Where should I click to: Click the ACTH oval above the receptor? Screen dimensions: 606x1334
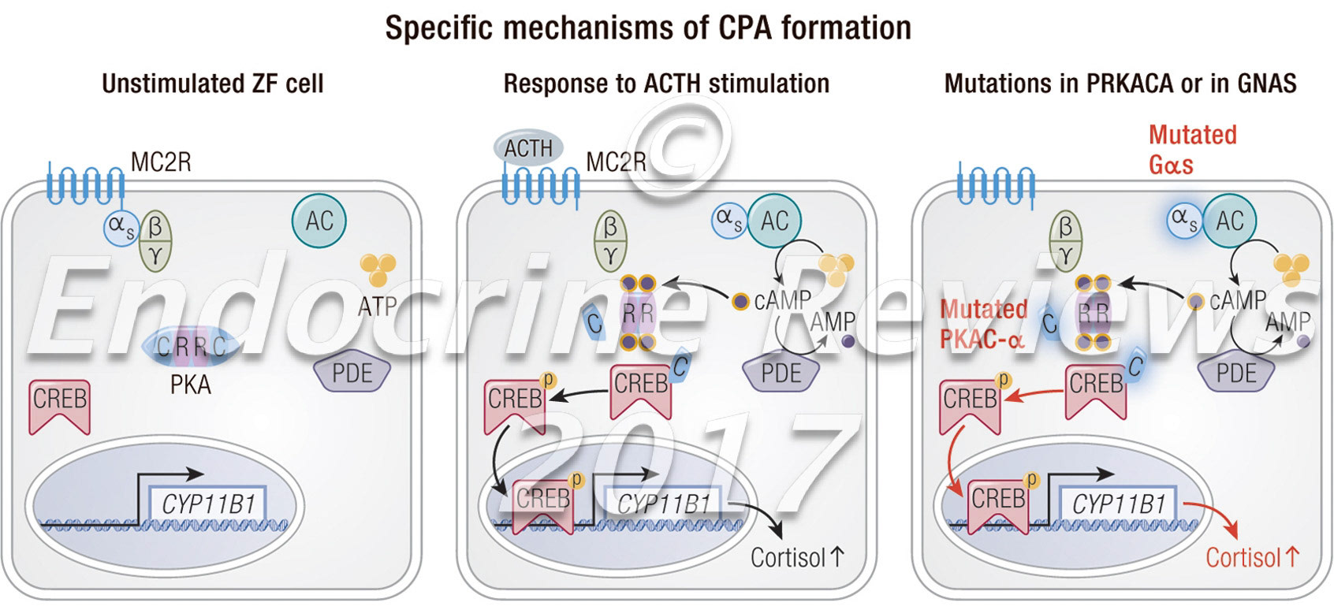click(x=527, y=148)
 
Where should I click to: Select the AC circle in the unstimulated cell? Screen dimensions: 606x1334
click(x=320, y=221)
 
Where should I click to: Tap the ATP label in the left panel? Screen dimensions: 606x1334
click(x=378, y=305)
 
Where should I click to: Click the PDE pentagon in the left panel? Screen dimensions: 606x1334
click(x=352, y=372)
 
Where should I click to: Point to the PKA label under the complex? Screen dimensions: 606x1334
click(x=191, y=387)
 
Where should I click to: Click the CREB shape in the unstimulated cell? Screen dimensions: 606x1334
click(x=60, y=403)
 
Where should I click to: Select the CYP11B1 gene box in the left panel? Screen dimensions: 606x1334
click(x=209, y=504)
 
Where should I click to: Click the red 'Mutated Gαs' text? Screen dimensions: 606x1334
click(x=1191, y=149)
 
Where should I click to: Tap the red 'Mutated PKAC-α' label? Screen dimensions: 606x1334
click(x=983, y=324)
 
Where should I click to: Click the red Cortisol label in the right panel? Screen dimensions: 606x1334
click(x=1251, y=558)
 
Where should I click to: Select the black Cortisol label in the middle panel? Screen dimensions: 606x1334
click(x=796, y=558)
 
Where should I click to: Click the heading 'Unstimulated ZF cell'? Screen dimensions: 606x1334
click(x=213, y=84)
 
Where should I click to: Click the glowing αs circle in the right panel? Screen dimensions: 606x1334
click(x=1183, y=221)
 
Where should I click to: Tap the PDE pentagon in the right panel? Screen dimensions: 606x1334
click(x=1236, y=372)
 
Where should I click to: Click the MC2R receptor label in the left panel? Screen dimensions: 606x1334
click(x=161, y=162)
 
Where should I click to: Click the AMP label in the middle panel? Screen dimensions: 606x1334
click(x=833, y=322)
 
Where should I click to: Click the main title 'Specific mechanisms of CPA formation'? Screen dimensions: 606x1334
click(x=647, y=28)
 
